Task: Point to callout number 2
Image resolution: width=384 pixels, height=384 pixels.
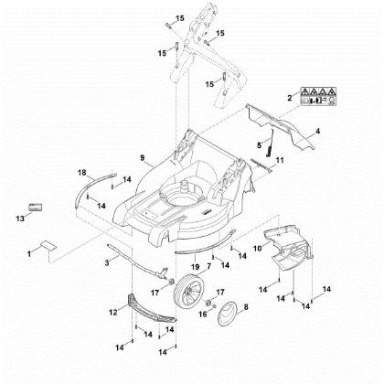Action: (x=290, y=96)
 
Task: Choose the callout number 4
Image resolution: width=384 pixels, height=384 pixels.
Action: (x=317, y=133)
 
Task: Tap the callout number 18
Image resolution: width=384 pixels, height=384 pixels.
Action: (x=81, y=173)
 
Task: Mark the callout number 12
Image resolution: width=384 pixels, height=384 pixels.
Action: (x=113, y=312)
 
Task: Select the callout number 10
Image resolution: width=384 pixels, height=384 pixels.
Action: (x=258, y=248)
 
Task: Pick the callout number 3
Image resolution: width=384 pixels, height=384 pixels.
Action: (x=107, y=262)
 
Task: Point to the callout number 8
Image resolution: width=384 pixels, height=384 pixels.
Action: (x=244, y=310)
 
